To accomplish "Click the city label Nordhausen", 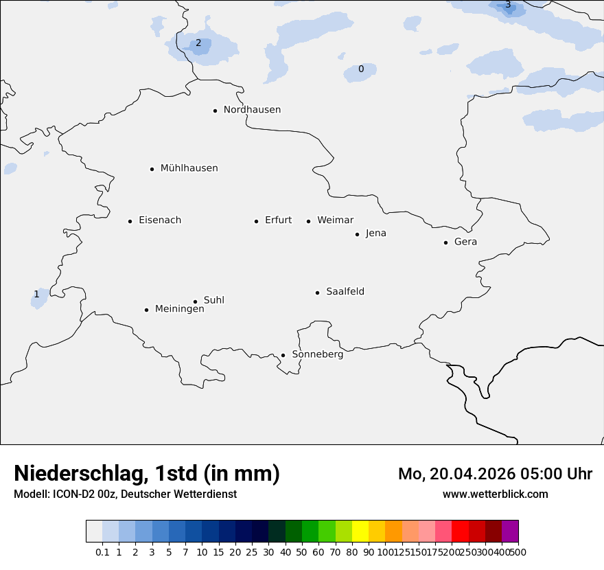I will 252,110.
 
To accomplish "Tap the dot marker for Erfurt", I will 256,221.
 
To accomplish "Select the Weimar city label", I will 335,220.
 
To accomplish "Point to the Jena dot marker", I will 357,234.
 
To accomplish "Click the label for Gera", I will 465,242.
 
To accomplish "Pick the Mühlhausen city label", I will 189,168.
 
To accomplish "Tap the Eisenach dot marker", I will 130,221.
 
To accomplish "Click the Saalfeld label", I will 345,292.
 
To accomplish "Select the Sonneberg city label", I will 317,354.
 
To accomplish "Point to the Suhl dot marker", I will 195,301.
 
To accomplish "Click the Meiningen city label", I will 179,309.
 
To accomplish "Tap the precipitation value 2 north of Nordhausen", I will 198,43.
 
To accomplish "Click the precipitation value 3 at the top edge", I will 508,5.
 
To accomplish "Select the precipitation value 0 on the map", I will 361,69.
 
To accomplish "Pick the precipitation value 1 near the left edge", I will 36,294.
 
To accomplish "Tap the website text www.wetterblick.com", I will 495,494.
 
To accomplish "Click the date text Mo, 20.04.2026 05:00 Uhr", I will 495,474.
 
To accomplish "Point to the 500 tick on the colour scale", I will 518,551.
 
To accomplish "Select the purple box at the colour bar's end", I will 510,531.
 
